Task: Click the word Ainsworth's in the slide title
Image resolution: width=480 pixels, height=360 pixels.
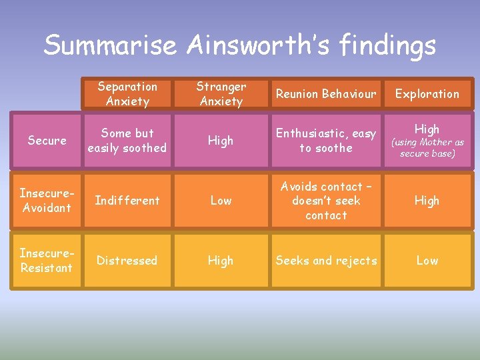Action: (x=261, y=45)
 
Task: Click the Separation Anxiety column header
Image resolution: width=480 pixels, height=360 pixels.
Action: (x=127, y=94)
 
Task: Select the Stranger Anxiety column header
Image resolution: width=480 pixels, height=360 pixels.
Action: (x=221, y=94)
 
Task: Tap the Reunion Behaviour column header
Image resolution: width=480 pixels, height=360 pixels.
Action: (x=326, y=94)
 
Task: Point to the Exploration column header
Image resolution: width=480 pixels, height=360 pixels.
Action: (x=427, y=94)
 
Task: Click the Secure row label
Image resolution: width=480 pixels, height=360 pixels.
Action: (x=47, y=141)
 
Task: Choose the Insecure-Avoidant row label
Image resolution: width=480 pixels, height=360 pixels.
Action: (x=47, y=201)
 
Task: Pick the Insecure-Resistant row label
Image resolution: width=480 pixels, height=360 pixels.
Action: (x=47, y=261)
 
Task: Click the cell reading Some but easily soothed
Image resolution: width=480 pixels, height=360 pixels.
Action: (x=127, y=141)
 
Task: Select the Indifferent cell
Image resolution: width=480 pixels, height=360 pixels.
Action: (x=127, y=201)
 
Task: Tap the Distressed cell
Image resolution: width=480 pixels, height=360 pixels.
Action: (x=127, y=261)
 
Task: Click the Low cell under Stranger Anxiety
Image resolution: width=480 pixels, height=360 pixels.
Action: (x=221, y=201)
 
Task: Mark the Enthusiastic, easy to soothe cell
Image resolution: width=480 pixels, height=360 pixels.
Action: (x=326, y=141)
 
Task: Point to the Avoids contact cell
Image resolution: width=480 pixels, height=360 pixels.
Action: (x=326, y=201)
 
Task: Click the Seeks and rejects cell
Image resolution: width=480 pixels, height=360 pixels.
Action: (x=326, y=261)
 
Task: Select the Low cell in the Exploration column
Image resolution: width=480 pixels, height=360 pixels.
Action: (x=427, y=261)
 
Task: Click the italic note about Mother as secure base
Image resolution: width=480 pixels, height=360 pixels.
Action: (x=427, y=148)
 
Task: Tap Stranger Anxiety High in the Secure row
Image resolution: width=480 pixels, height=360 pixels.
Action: (x=221, y=141)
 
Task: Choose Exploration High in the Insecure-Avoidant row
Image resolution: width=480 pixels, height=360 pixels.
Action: (x=427, y=201)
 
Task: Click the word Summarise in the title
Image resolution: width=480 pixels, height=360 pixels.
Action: (x=111, y=45)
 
